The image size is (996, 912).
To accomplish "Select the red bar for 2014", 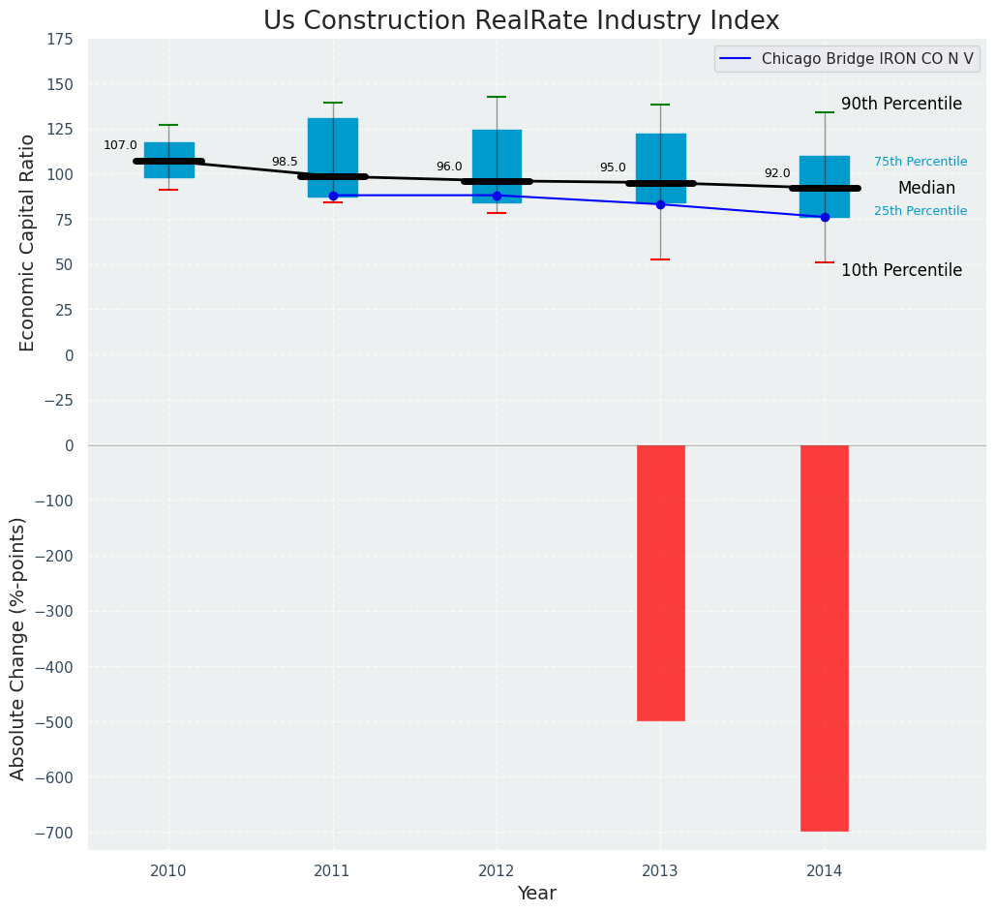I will point(825,638).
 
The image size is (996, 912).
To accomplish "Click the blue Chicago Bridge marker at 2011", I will point(333,196).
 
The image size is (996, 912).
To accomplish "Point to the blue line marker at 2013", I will point(661,204).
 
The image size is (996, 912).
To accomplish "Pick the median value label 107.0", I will point(120,145).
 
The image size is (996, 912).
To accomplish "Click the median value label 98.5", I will point(285,162).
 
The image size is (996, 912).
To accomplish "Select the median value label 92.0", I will point(777,173).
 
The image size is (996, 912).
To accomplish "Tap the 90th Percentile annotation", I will point(901,104).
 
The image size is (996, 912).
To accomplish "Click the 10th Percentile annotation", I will point(901,271).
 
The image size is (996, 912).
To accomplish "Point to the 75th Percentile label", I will point(921,162).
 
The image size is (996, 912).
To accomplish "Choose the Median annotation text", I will point(926,189).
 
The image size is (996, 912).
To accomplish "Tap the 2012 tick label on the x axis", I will point(497,871).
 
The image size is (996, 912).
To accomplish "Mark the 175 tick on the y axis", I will point(59,39).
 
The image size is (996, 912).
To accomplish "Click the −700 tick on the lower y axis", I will point(54,833).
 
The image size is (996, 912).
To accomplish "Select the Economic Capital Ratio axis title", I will point(27,242).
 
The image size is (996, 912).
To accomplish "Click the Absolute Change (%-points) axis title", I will point(17,648).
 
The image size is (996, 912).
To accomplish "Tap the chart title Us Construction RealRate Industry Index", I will point(521,20).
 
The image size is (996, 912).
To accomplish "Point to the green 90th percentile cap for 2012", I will point(497,97).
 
